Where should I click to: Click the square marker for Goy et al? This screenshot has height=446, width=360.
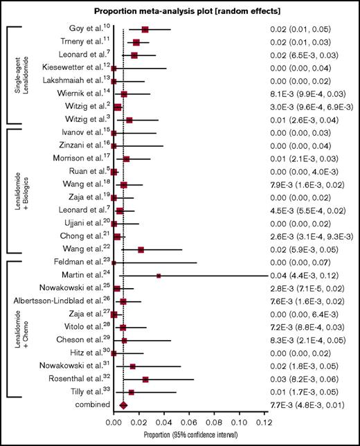145,30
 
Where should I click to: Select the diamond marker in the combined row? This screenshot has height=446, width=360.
124,405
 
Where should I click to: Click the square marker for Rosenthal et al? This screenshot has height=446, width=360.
145,380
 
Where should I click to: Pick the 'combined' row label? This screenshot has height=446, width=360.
89,405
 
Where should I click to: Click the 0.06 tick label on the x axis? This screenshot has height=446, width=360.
188,421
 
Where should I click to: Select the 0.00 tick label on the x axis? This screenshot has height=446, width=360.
114,421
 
